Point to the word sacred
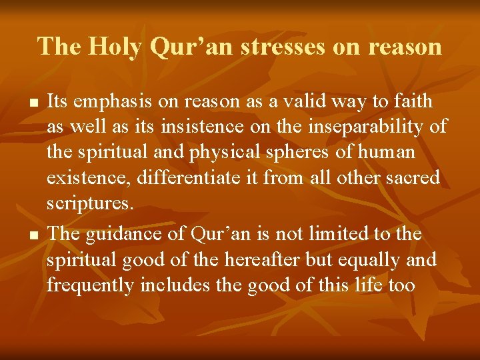411,178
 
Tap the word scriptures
89,203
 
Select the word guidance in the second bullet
123,234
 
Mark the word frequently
91,285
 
